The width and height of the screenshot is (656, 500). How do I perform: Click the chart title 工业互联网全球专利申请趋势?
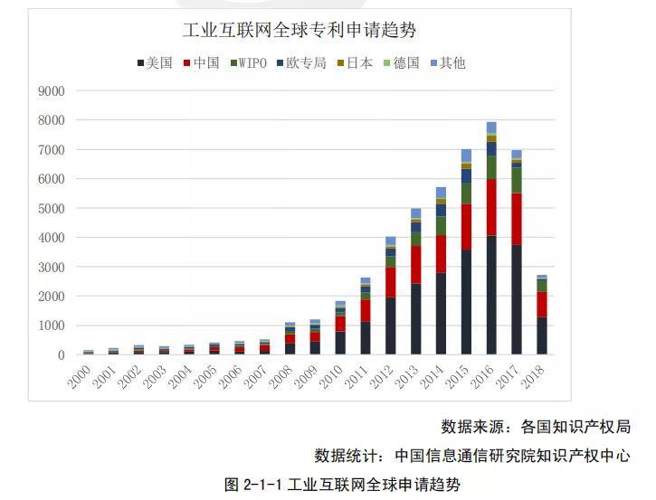tap(299, 31)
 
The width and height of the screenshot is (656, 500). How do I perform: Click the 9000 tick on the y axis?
tap(52, 91)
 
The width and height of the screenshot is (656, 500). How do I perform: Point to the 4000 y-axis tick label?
tap(52, 238)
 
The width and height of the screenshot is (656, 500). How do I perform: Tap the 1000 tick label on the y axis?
tap(52, 325)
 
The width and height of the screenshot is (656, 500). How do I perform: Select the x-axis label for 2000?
tap(81, 373)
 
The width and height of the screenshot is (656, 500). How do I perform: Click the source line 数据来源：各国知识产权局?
tap(536, 427)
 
